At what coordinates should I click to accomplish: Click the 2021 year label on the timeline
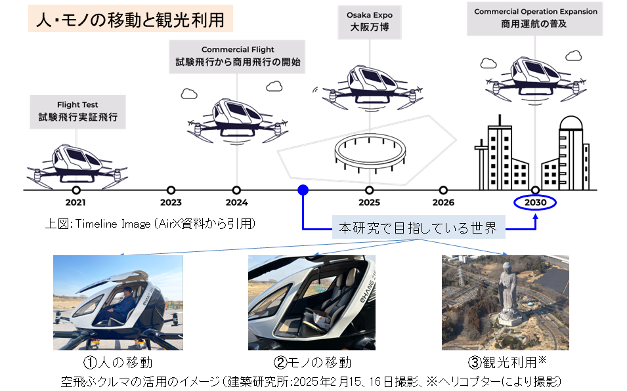pos(76,203)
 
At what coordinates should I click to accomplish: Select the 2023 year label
pos(171,203)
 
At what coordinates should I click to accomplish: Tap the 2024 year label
pos(236,203)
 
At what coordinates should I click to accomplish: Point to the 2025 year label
pos(369,203)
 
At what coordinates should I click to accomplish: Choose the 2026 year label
pos(443,203)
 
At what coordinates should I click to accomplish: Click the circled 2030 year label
pos(535,203)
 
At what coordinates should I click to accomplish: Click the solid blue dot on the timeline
pos(303,190)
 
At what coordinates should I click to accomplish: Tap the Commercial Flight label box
pos(238,56)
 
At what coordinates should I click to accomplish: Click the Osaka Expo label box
pos(370,22)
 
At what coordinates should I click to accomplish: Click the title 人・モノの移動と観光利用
pos(130,20)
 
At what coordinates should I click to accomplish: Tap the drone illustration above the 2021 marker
pos(77,161)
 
